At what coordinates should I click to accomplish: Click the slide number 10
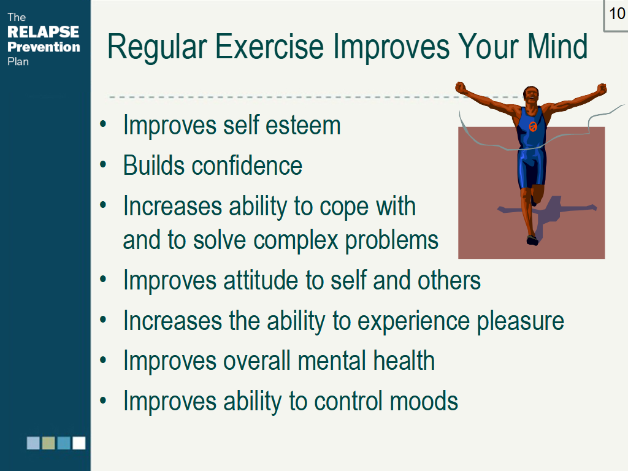[x=617, y=13]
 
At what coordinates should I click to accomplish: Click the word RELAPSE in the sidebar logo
[x=44, y=32]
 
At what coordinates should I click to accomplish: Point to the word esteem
[x=303, y=125]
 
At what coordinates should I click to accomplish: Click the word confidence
[x=247, y=166]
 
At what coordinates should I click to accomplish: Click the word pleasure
[x=521, y=321]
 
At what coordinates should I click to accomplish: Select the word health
[x=404, y=361]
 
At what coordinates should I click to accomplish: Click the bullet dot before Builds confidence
[x=103, y=164]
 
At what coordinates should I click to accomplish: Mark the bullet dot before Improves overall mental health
[x=103, y=359]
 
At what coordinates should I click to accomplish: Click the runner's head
[x=531, y=95]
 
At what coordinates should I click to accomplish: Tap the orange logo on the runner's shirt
[x=533, y=126]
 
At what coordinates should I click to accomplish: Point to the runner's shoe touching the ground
[x=532, y=240]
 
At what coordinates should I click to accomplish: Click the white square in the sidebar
[x=79, y=443]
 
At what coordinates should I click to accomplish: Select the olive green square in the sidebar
[x=48, y=443]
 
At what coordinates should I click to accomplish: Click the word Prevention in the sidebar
[x=44, y=47]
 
